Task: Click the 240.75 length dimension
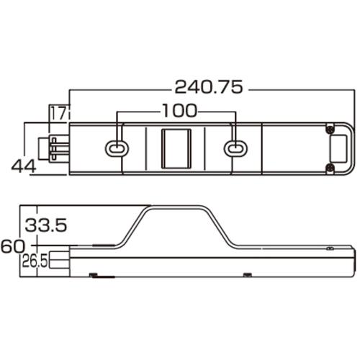tap(209, 87)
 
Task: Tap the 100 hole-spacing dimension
tap(179, 111)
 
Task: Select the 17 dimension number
tap(58, 114)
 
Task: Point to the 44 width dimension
tap(24, 166)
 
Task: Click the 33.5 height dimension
tap(45, 225)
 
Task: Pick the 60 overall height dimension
tap(12, 246)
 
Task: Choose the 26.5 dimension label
tap(35, 261)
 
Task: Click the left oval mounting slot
tap(117, 149)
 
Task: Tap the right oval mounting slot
tap(235, 149)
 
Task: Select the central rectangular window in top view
tap(176, 149)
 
